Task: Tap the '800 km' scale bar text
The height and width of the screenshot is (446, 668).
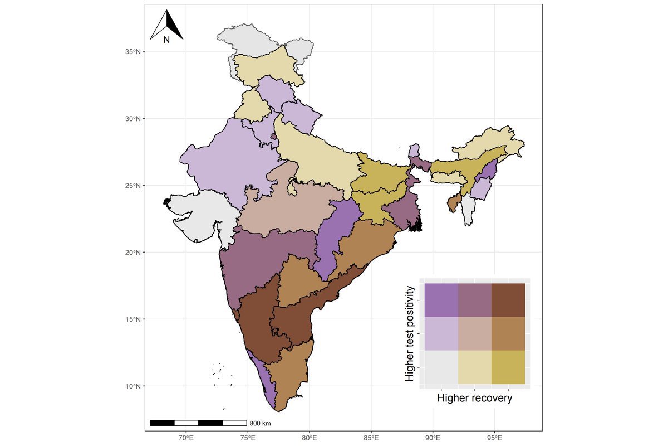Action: pyautogui.click(x=259, y=423)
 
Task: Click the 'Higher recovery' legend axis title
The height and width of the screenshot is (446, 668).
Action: pyautogui.click(x=474, y=399)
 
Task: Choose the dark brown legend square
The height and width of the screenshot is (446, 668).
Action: pyautogui.click(x=508, y=300)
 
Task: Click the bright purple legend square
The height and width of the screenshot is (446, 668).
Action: pyautogui.click(x=441, y=300)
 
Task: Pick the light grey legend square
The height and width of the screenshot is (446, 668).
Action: pyautogui.click(x=441, y=367)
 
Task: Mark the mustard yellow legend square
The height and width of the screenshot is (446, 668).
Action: pyautogui.click(x=508, y=367)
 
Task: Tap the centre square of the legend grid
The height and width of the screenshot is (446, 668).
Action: pyautogui.click(x=474, y=333)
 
